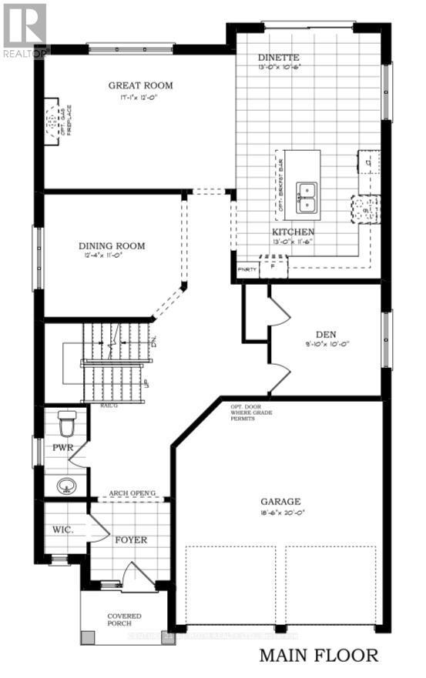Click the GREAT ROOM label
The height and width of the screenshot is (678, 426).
point(140,85)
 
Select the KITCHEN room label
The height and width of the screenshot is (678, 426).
point(292,231)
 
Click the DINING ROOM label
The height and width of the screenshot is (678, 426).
point(112,246)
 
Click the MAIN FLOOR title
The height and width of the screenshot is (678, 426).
point(319,656)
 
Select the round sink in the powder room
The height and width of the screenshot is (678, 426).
point(65,486)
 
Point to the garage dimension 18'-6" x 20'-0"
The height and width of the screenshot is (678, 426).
point(279,513)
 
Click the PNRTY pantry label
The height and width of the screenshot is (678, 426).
point(247,269)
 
